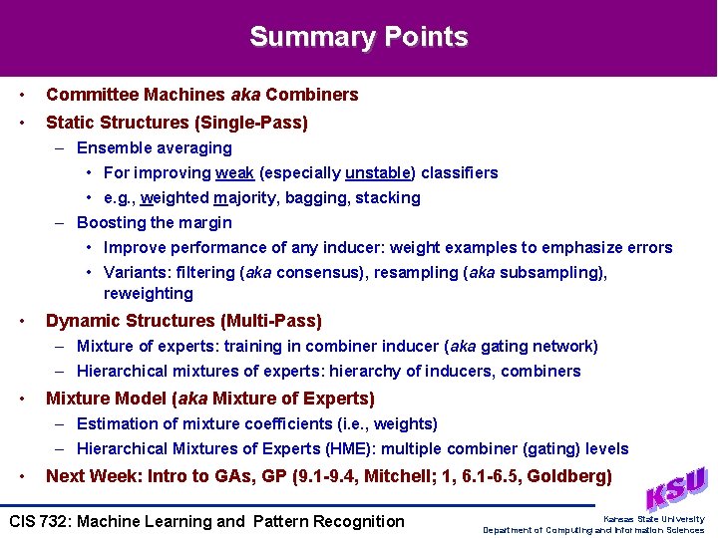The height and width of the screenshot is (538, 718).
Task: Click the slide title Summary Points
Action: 359,37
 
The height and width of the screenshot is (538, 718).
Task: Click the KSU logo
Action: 677,489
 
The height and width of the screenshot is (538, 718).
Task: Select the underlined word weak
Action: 234,172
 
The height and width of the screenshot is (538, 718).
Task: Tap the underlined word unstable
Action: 375,172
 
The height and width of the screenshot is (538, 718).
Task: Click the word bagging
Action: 317,197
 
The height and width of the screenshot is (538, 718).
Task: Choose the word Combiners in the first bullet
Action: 311,95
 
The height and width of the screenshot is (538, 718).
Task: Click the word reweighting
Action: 149,293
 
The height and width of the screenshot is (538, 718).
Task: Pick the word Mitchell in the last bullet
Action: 397,476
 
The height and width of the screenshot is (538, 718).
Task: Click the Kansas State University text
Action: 653,518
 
